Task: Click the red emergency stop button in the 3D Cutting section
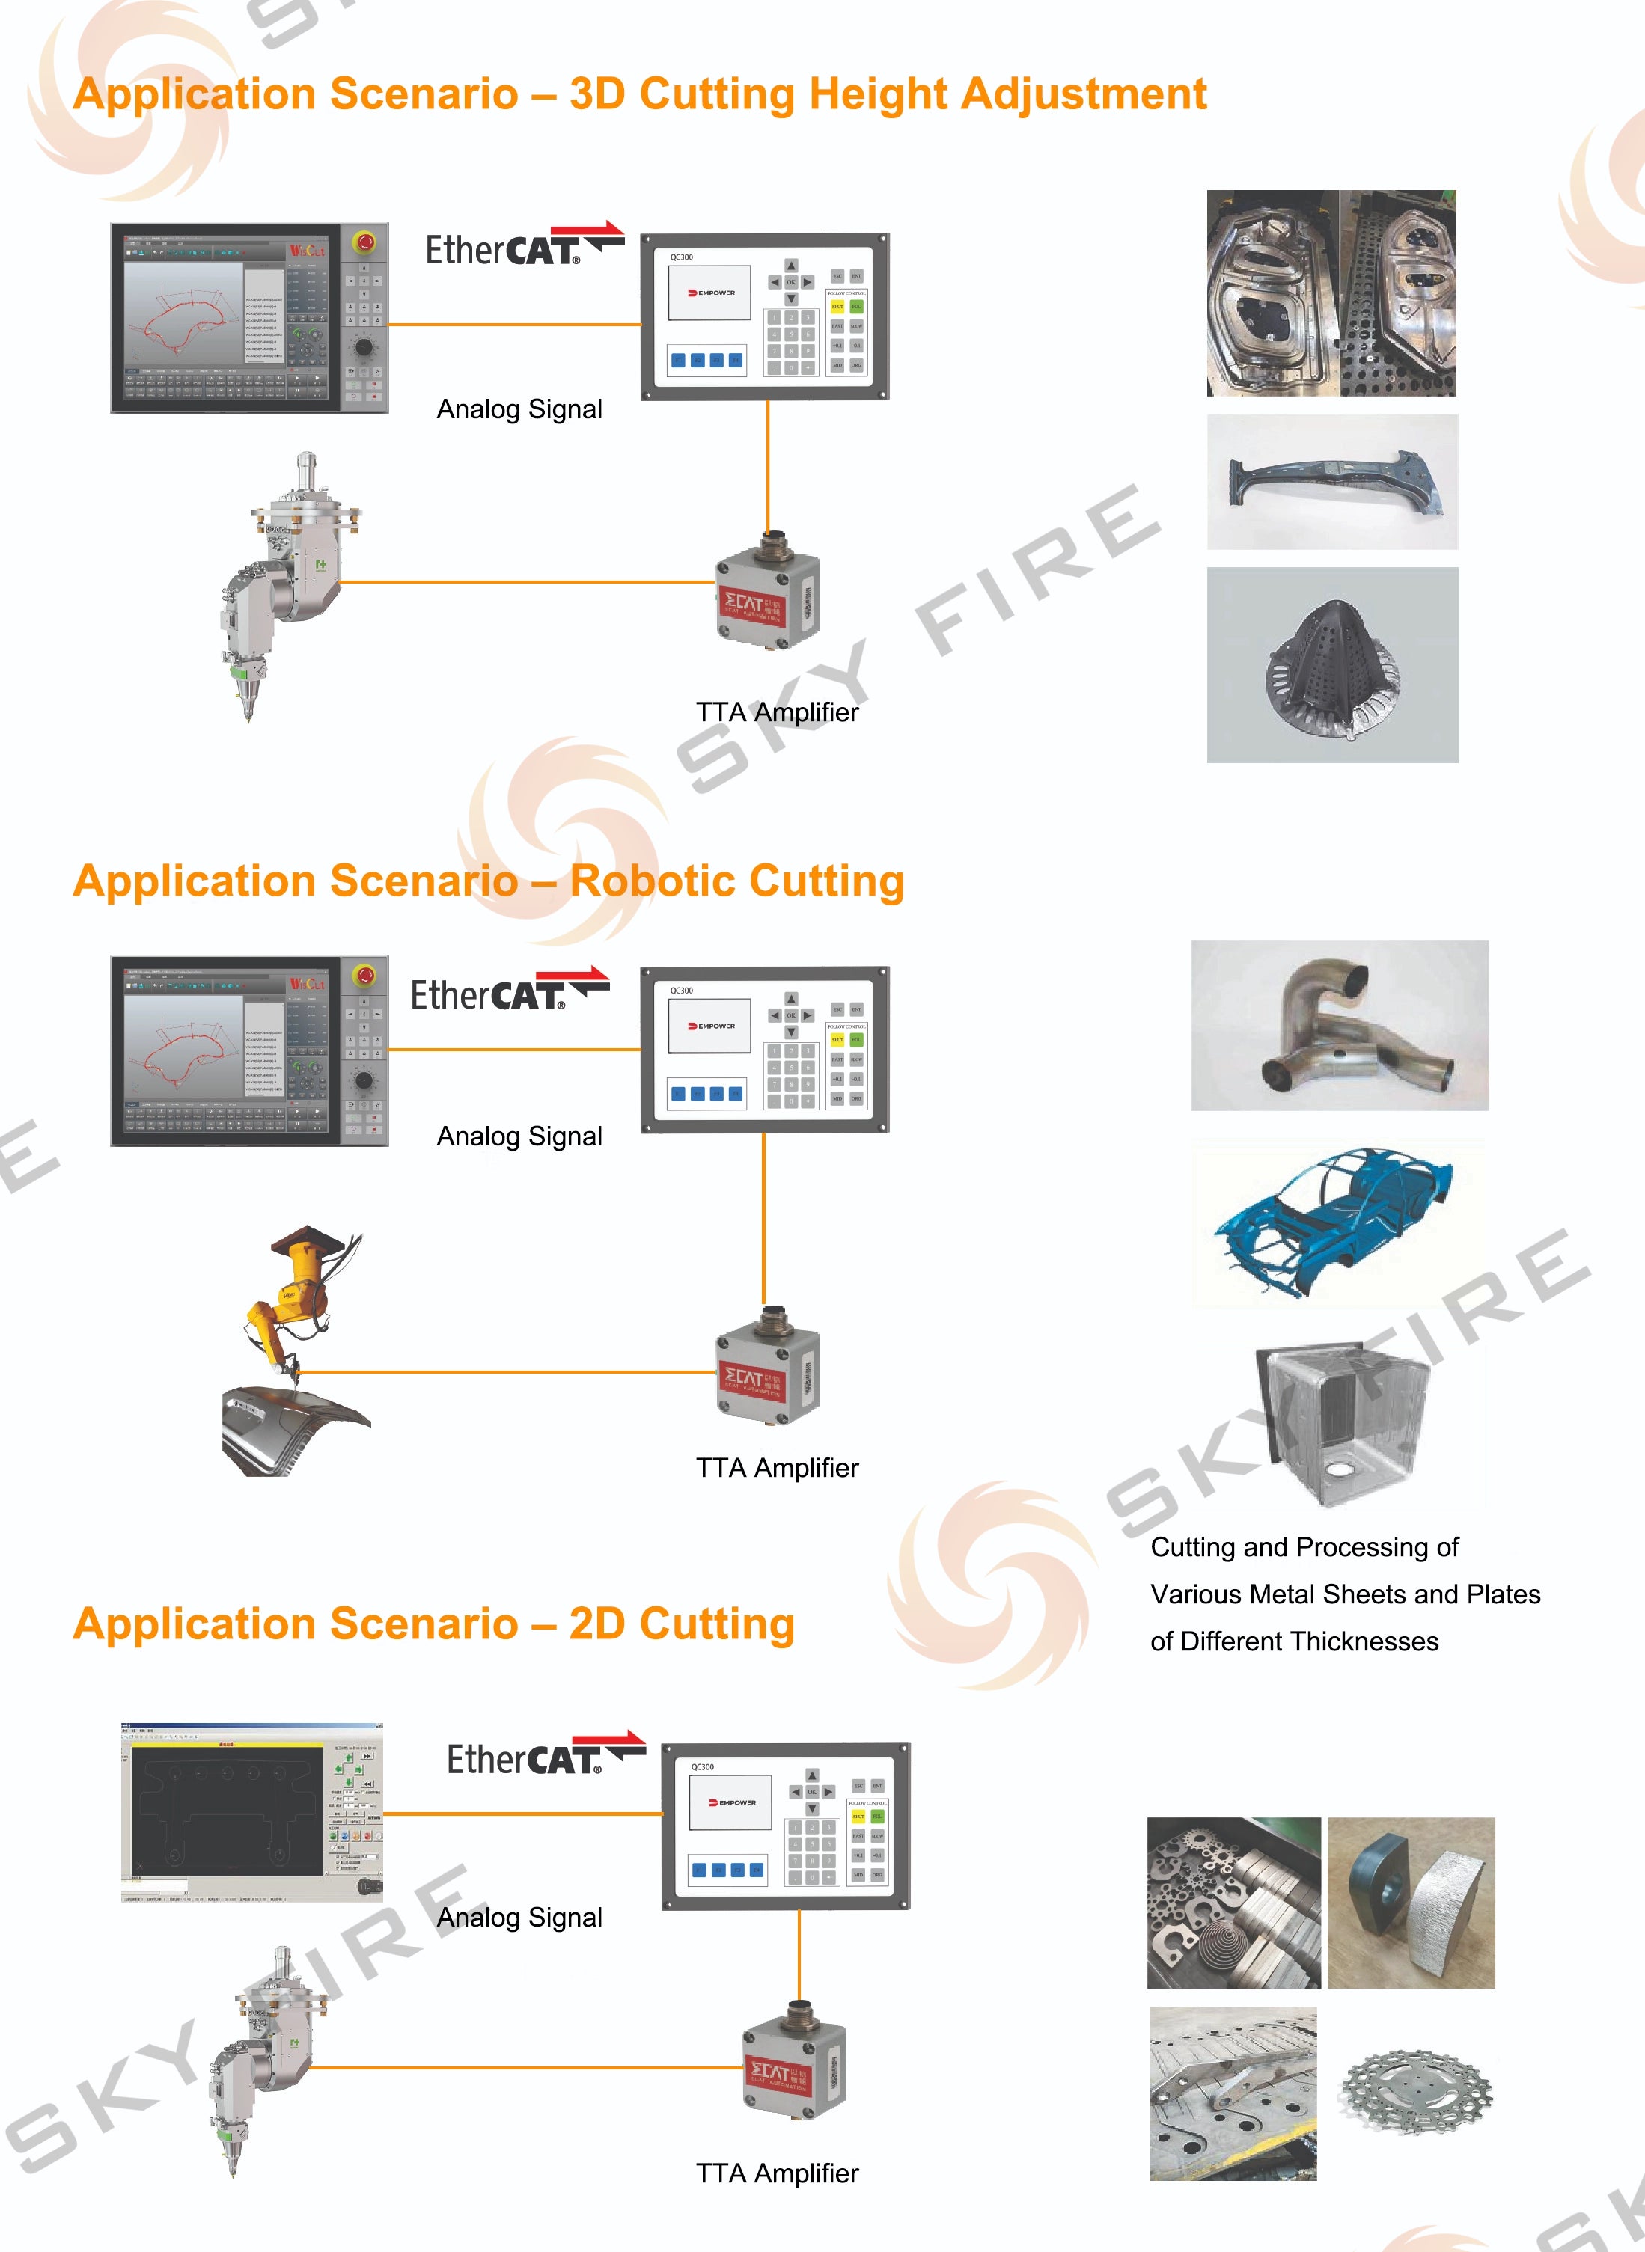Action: tap(364, 242)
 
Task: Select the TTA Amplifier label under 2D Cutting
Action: tap(777, 2173)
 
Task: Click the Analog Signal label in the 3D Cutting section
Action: tap(519, 409)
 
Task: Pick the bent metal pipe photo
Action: tap(1340, 1026)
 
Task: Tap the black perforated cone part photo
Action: tap(1331, 664)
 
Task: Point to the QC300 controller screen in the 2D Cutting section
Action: tap(730, 1802)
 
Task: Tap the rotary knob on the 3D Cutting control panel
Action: tap(364, 346)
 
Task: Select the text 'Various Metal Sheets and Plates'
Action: tap(1344, 1594)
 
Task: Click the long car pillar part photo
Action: tap(1332, 482)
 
